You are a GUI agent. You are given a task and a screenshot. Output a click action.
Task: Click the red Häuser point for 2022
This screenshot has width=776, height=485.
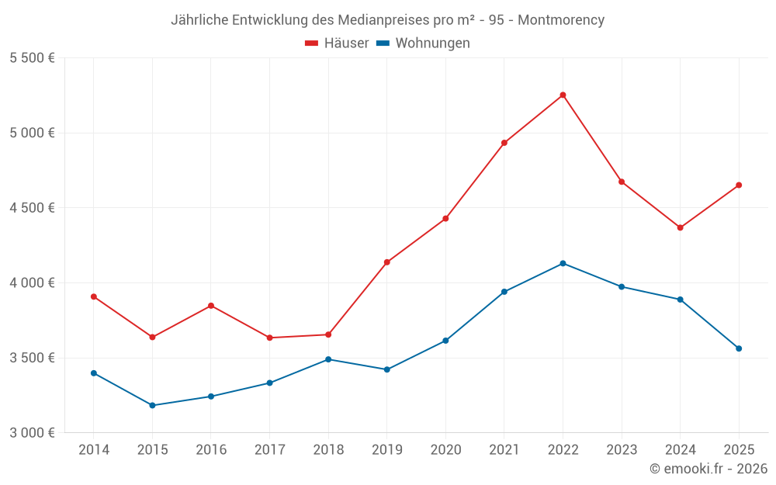563,95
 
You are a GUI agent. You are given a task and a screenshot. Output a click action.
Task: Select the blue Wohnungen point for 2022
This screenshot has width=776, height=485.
563,263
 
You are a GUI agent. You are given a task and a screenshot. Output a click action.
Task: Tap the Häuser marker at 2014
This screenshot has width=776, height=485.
94,296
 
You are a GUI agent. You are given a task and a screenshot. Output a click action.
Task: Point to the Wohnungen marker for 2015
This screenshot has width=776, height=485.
152,405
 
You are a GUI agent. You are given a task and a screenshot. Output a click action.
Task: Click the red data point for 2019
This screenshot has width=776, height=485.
387,262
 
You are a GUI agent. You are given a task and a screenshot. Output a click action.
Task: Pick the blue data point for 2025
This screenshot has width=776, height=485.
739,348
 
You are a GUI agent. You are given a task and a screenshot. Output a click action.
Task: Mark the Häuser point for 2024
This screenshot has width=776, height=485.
680,227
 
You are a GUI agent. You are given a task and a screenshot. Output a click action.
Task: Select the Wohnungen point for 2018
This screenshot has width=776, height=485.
328,359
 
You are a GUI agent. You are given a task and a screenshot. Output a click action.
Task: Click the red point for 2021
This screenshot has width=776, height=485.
504,143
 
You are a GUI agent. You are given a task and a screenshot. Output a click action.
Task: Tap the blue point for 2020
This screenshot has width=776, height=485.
445,341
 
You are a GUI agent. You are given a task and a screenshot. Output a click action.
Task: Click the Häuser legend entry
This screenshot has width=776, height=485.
337,43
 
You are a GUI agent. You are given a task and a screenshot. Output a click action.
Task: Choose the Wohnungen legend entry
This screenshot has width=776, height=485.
423,43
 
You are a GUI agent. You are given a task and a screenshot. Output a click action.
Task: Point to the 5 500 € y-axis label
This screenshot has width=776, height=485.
32,57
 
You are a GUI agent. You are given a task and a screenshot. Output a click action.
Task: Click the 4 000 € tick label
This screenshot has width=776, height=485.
32,282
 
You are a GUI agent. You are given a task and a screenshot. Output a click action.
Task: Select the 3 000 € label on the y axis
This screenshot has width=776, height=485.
32,432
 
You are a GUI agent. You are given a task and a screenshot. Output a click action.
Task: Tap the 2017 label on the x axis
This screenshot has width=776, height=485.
269,449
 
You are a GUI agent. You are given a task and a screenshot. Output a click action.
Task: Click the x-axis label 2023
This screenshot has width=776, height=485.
622,449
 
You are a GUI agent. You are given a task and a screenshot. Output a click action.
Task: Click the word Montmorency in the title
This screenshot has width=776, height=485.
560,20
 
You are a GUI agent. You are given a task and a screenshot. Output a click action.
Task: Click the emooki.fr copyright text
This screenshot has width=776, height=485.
708,469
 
